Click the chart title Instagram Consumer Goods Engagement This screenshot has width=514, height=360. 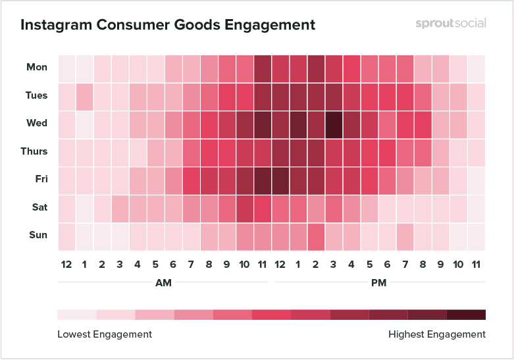coord(168,25)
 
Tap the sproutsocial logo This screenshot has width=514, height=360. coord(451,24)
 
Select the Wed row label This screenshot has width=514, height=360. coord(37,124)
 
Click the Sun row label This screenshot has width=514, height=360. coord(37,236)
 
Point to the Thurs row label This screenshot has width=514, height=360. coord(34,151)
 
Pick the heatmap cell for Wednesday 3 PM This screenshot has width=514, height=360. coord(333,124)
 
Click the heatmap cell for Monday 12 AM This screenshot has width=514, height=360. coord(66,68)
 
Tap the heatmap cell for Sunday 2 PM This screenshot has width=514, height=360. coord(315,236)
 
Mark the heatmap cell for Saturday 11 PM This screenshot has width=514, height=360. coord(476,208)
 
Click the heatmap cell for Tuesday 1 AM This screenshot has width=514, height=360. coord(84,95)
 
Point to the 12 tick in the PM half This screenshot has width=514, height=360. coord(280,265)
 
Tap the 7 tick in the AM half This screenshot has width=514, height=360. coord(191,265)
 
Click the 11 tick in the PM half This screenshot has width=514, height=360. coord(476,265)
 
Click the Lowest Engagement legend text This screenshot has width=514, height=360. coord(105,334)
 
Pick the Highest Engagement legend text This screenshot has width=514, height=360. coord(437,334)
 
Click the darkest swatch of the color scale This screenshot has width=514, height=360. coord(466,315)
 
